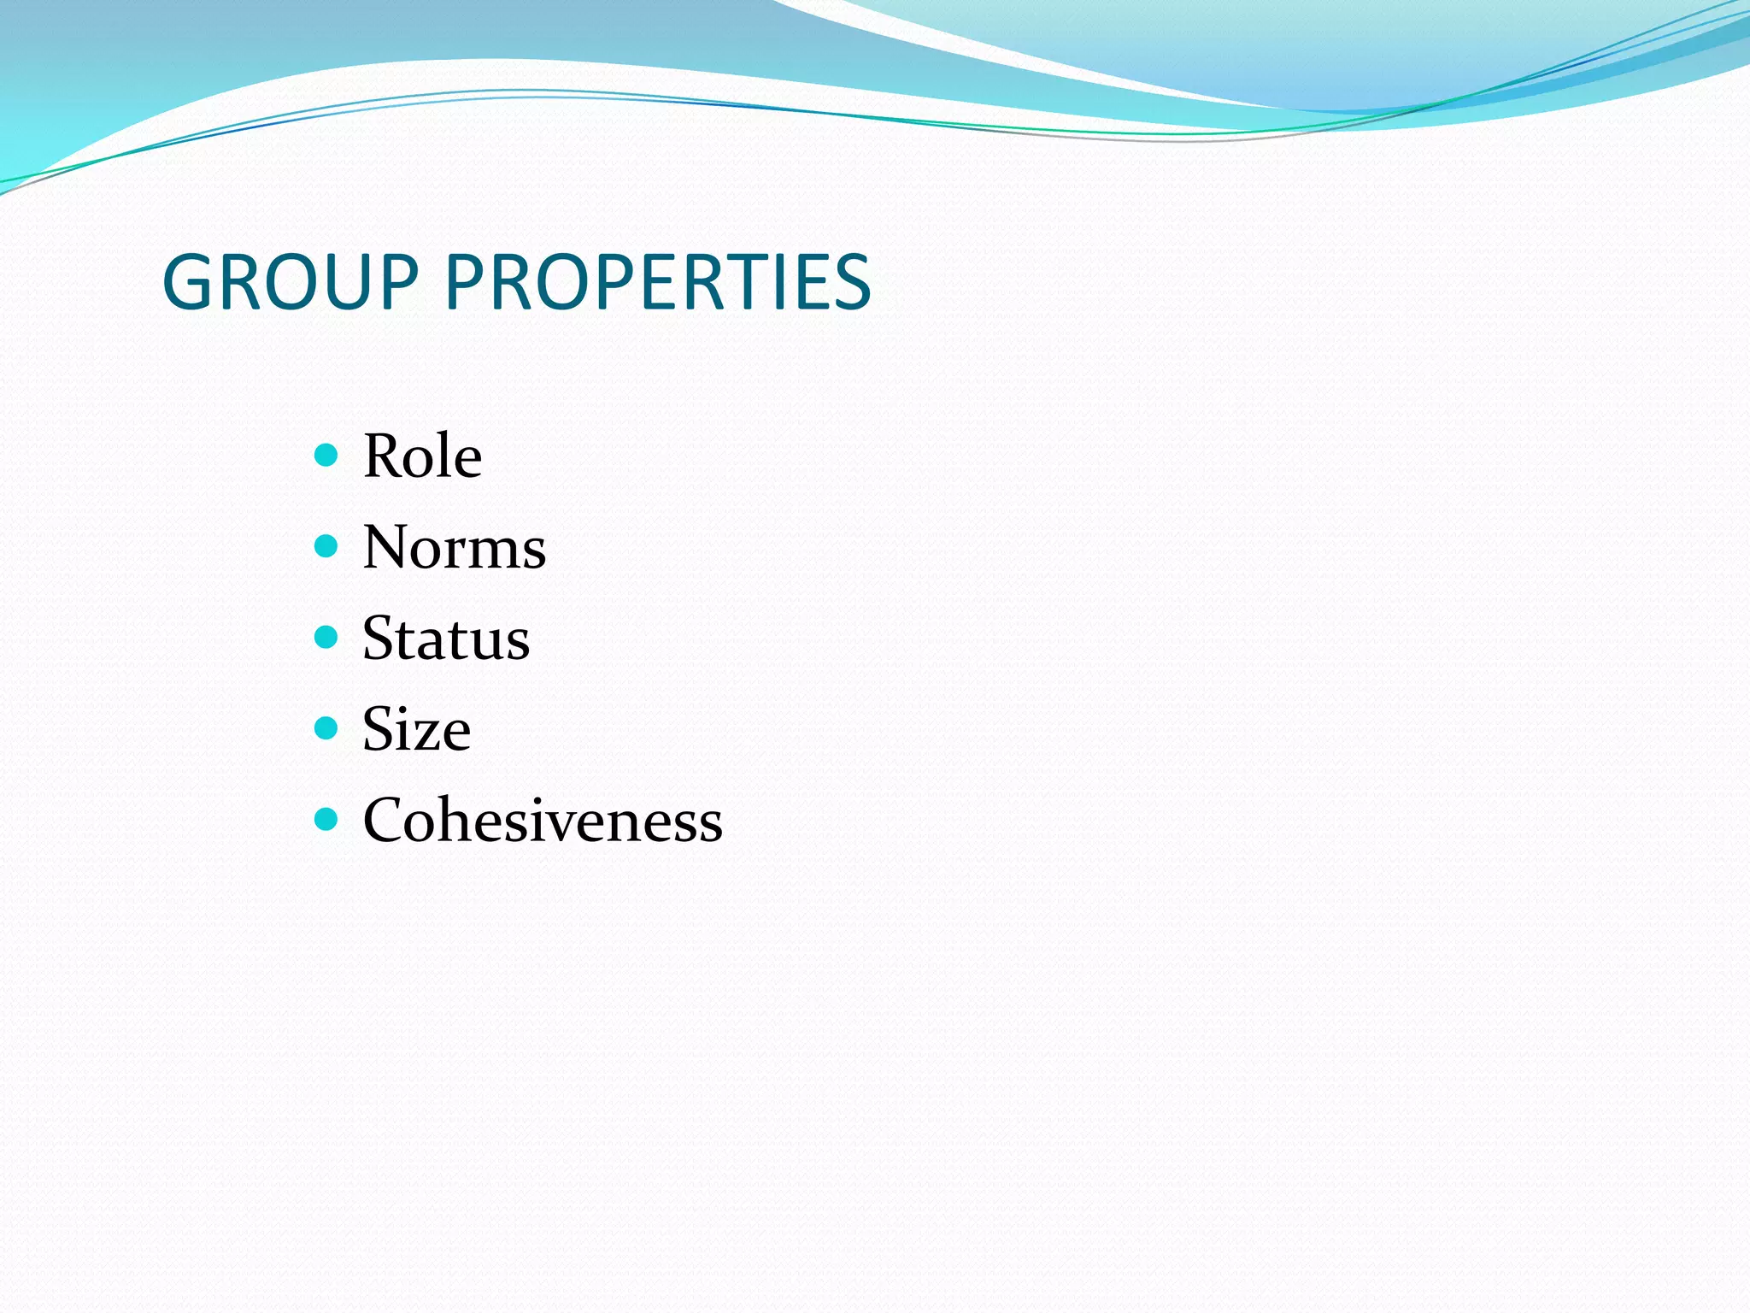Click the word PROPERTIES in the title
[x=658, y=282]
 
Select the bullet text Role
[x=422, y=456]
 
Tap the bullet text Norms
[x=454, y=547]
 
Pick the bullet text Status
[x=446, y=639]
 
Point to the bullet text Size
[x=416, y=729]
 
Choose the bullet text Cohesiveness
[x=543, y=821]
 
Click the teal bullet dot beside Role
[x=326, y=454]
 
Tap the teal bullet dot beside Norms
[x=326, y=545]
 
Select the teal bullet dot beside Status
[x=326, y=637]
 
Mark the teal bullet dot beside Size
[x=326, y=727]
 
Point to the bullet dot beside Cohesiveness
[x=326, y=819]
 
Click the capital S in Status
[x=379, y=639]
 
